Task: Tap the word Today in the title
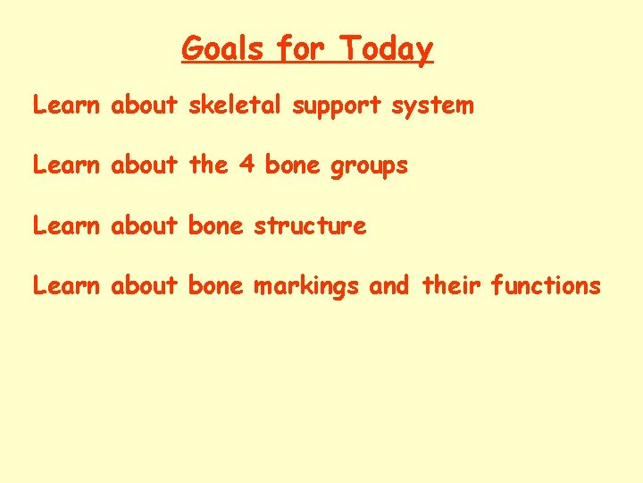[x=388, y=48]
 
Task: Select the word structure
[x=310, y=225]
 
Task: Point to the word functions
[x=546, y=285]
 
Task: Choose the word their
[x=450, y=285]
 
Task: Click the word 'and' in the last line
[x=388, y=285]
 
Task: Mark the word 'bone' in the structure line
[x=215, y=225]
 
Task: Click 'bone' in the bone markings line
[x=215, y=285]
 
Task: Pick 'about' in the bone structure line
[x=145, y=225]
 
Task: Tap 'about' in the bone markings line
[x=145, y=285]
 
